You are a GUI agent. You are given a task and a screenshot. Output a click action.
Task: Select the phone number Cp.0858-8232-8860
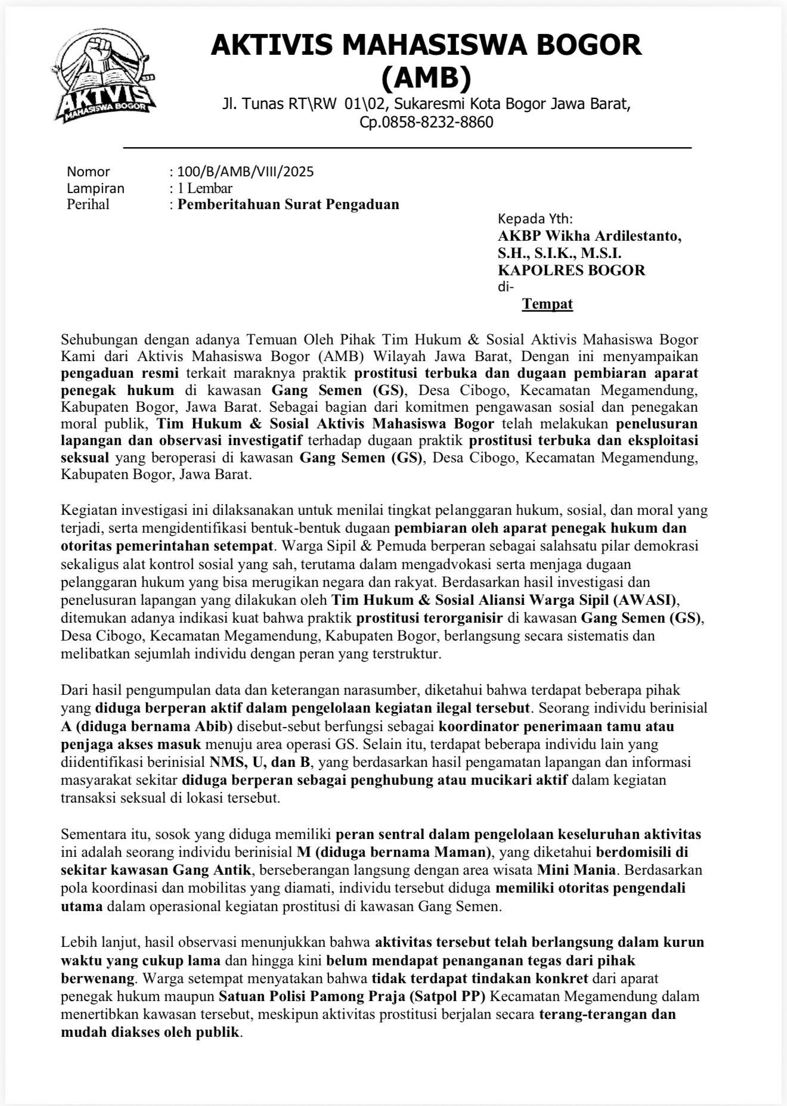click(426, 123)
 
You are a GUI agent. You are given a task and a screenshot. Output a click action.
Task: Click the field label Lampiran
click(95, 188)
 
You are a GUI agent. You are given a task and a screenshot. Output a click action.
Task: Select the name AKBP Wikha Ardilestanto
click(589, 236)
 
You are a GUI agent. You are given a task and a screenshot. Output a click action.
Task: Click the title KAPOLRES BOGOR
click(571, 270)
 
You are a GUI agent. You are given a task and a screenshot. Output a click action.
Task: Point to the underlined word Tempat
click(547, 305)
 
